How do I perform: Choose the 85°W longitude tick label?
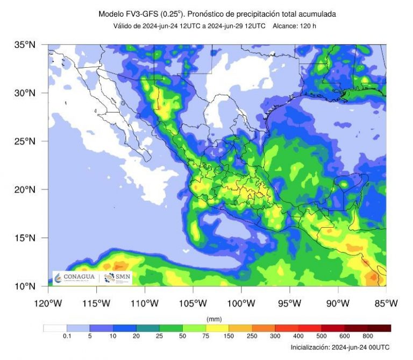386,303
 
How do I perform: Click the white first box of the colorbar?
55,328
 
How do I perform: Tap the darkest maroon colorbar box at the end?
379,328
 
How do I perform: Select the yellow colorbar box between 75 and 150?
217,328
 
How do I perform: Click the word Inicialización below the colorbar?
311,348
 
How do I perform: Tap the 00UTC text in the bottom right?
378,348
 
